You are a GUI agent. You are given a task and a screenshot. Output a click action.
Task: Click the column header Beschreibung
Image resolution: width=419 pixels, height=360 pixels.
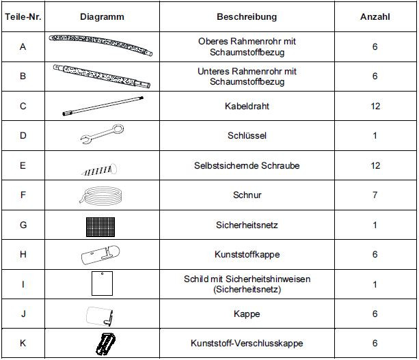pos(247,16)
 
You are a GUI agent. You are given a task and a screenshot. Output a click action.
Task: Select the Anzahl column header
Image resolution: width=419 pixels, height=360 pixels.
pos(375,16)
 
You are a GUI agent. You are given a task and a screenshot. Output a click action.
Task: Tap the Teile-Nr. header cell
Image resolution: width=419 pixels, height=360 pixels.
pos(23,16)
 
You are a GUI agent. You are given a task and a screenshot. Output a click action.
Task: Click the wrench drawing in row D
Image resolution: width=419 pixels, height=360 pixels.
pos(101,135)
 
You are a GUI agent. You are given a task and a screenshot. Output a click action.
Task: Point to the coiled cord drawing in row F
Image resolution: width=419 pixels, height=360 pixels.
pos(101,194)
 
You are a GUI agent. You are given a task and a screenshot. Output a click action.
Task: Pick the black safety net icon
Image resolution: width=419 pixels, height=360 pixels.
pos(101,224)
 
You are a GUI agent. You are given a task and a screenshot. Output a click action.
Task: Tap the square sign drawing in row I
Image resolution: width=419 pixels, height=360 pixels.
pos(101,283)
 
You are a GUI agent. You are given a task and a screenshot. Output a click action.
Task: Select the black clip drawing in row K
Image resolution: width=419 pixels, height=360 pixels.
pos(101,343)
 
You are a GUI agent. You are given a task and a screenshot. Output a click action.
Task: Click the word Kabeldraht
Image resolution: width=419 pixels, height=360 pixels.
pos(247,106)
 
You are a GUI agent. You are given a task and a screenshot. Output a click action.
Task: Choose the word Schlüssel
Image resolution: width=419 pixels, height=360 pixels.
pos(247,136)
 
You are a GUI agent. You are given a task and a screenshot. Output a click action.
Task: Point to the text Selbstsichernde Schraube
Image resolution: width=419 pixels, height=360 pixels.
pos(247,165)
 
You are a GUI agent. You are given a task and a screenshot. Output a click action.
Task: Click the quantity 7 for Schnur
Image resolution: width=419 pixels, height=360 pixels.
pos(375,195)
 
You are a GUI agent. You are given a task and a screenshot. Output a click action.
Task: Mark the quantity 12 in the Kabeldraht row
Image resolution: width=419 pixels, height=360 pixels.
pos(375,106)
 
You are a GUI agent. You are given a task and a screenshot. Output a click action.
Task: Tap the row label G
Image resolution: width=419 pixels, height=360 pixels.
pos(23,225)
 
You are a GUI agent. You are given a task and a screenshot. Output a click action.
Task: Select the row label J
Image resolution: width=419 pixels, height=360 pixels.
pos(23,314)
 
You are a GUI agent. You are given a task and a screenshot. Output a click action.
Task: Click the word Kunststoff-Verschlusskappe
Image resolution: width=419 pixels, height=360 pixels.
pos(247,343)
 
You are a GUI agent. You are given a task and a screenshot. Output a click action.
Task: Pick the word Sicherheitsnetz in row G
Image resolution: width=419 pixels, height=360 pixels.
pos(247,225)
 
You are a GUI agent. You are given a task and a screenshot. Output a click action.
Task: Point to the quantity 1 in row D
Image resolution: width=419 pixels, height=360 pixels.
pos(375,136)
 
